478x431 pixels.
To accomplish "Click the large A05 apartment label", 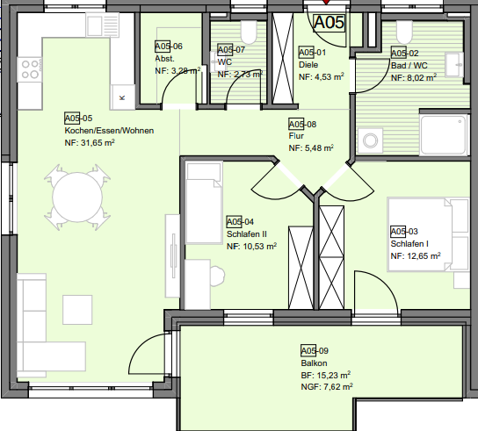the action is coord(329,23).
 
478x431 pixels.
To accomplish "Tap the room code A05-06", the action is coord(169,47).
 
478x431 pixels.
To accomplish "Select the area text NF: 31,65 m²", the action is coord(90,142).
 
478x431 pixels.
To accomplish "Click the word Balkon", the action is coord(314,363).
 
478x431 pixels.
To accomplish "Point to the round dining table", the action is coord(77,198).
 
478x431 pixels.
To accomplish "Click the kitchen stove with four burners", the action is coord(30,69).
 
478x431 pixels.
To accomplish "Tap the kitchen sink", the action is coord(103,25).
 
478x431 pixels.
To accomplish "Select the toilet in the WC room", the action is coord(249,32).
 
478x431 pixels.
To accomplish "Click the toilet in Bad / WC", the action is coord(404,32).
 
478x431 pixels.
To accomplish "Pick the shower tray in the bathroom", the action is coord(444,135).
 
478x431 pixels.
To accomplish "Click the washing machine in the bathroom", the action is coord(370,140).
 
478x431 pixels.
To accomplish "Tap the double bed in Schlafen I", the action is coord(428,234).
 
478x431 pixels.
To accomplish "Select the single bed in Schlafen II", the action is coord(204,203).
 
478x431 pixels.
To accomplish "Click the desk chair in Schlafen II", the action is coord(217,276).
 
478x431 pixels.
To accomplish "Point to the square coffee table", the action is coord(77,310).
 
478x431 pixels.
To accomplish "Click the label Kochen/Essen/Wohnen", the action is coord(109,131).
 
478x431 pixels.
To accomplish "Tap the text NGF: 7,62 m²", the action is coord(327,387).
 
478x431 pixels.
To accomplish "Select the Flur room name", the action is coord(296,136).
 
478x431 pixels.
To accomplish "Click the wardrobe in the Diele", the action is coord(283,59).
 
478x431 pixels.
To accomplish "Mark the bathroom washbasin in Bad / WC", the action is coord(454,65).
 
